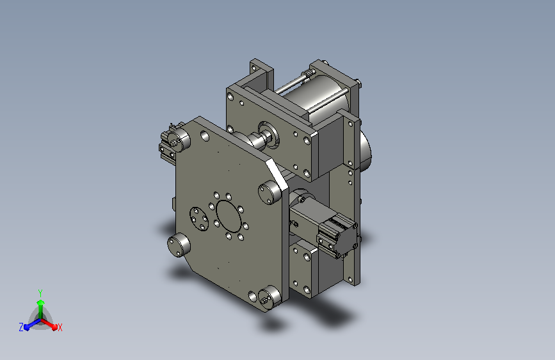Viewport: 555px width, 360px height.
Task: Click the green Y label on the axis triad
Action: (x=40, y=293)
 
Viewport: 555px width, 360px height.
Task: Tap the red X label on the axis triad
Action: (x=60, y=327)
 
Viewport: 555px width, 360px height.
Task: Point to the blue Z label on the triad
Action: (x=21, y=327)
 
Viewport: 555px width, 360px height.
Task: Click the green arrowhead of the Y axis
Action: (x=41, y=303)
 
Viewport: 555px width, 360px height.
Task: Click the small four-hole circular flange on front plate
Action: (x=199, y=219)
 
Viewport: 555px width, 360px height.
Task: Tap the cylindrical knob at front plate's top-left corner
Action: (x=180, y=138)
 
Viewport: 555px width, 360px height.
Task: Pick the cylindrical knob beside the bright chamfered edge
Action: (x=269, y=192)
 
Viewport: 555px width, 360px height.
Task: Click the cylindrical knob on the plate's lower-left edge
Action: (x=179, y=245)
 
